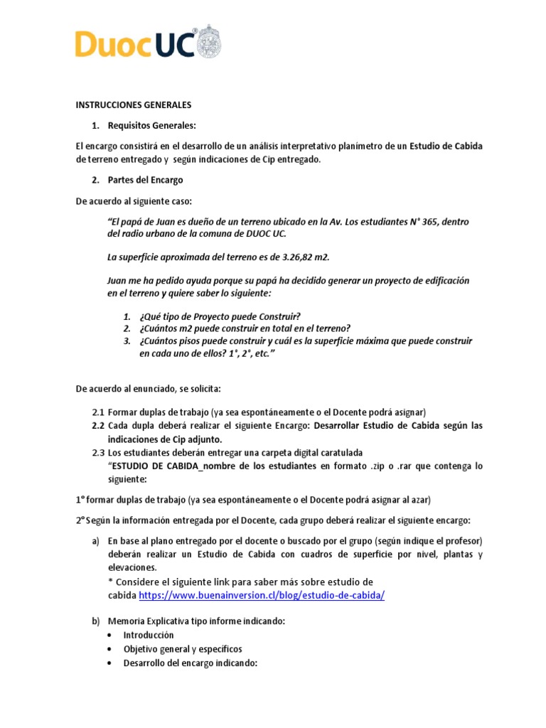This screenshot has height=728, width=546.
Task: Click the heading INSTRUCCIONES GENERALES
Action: [x=134, y=105]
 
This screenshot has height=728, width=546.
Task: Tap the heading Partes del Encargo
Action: [x=145, y=180]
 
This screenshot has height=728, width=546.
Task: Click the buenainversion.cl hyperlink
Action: [x=261, y=595]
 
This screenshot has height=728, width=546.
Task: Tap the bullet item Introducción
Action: [x=149, y=635]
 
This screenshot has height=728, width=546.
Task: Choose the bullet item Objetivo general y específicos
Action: [x=182, y=649]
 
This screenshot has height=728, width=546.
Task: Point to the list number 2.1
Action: [x=98, y=412]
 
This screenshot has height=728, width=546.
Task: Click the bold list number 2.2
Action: [x=98, y=426]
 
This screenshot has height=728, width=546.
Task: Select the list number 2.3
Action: [x=98, y=453]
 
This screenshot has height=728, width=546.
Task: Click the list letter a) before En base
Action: [x=95, y=541]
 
